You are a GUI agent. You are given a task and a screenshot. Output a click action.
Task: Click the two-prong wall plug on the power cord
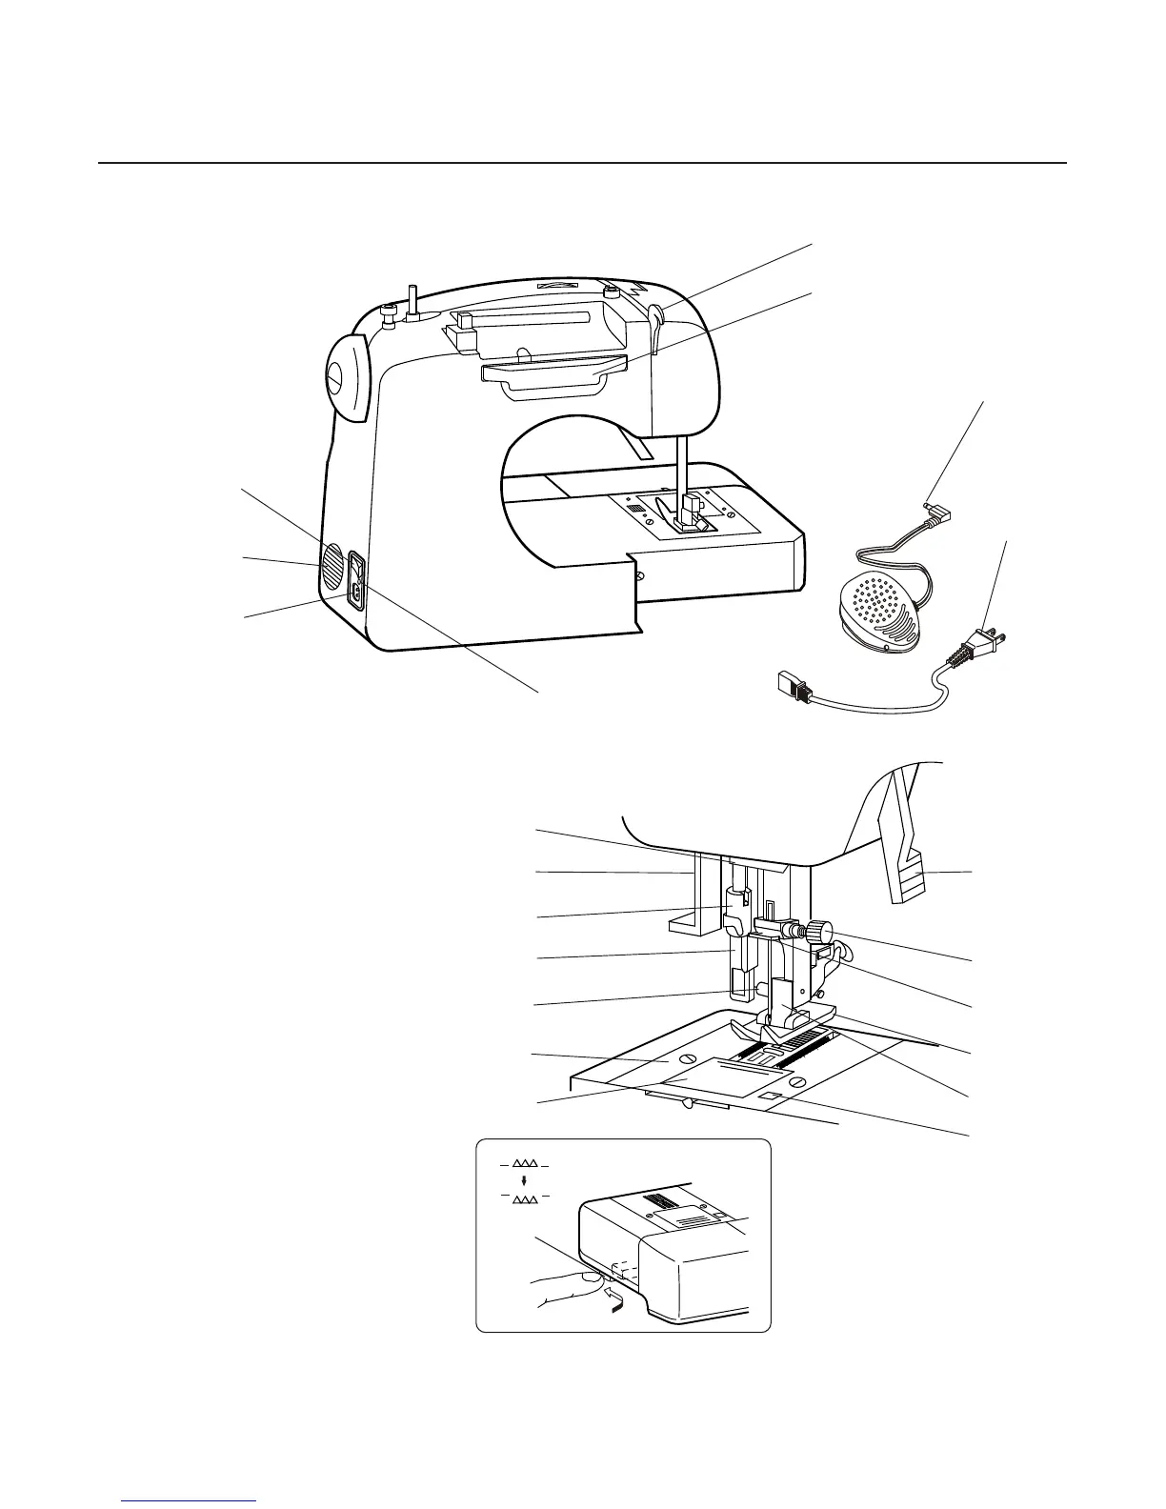click(x=978, y=648)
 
